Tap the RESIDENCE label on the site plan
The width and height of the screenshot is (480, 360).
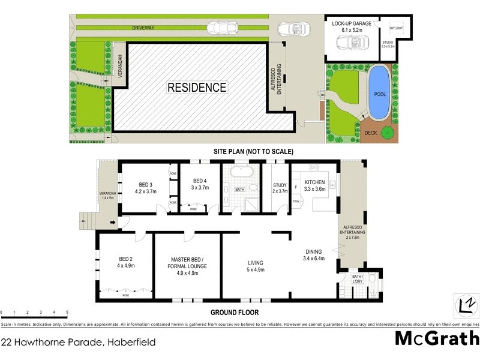point(197,88)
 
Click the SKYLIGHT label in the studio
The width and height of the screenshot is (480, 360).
point(396,28)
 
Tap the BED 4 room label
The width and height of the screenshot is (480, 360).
point(200,181)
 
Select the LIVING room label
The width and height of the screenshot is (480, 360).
point(256,263)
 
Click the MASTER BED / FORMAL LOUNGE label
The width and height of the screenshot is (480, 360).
point(188,262)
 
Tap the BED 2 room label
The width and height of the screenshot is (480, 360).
point(126,259)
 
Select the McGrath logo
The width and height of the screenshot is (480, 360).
point(436,338)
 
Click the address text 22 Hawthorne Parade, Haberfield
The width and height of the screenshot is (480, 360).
point(78,342)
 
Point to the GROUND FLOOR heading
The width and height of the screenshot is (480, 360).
point(234,312)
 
